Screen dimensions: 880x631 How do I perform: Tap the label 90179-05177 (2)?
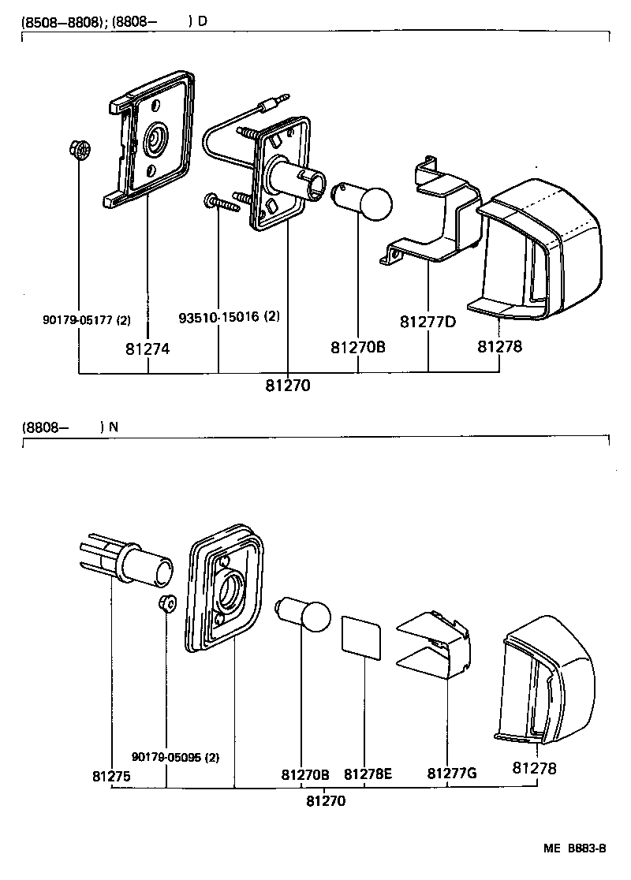(86, 320)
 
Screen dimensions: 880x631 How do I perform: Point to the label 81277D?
(428, 322)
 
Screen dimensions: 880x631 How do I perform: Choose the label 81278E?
(368, 774)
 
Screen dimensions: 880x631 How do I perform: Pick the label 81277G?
(452, 774)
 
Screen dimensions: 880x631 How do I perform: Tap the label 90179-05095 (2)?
(175, 757)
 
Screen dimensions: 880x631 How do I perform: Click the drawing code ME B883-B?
(574, 848)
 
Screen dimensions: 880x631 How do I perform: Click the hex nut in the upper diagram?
(80, 149)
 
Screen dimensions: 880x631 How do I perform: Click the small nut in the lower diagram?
(166, 603)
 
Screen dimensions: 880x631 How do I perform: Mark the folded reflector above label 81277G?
(438, 644)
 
